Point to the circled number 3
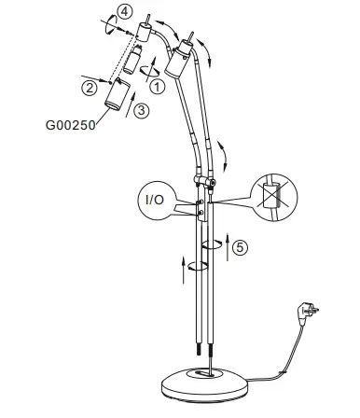(141, 110)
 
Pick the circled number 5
(241, 247)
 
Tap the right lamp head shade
(180, 67)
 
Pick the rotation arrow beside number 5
(215, 245)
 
